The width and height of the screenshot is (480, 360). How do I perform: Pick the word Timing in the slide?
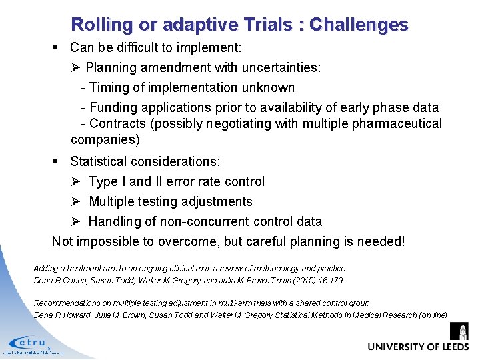pyautogui.click(x=108, y=88)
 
